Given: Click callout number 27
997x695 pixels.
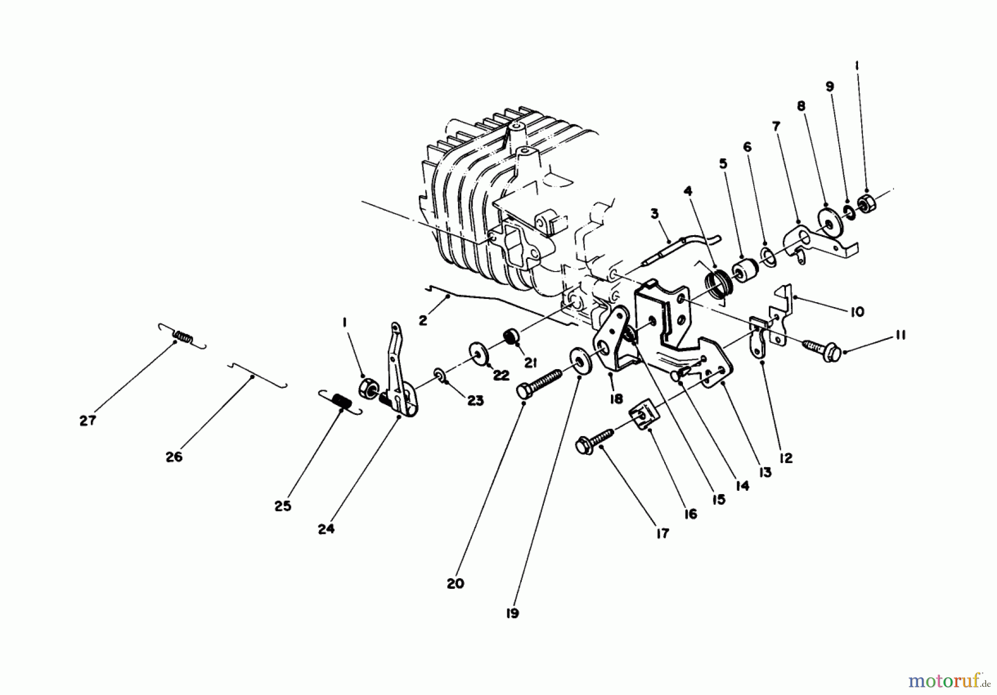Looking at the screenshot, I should (x=88, y=421).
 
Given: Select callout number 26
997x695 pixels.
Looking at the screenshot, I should (x=173, y=457).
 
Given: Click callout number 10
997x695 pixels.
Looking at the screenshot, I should (x=856, y=312).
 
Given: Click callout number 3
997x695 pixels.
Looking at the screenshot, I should (x=654, y=214).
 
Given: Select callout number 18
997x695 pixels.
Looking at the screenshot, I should (x=615, y=398).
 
